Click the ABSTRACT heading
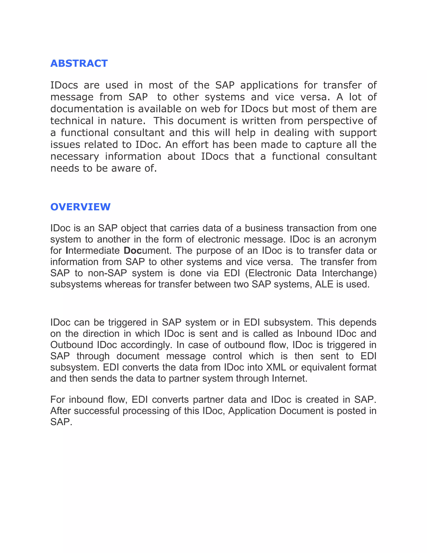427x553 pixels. (x=79, y=63)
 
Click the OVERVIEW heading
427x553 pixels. (x=80, y=207)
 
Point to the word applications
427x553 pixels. (x=269, y=85)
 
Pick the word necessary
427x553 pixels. (x=75, y=157)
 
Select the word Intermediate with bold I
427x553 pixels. (x=93, y=251)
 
